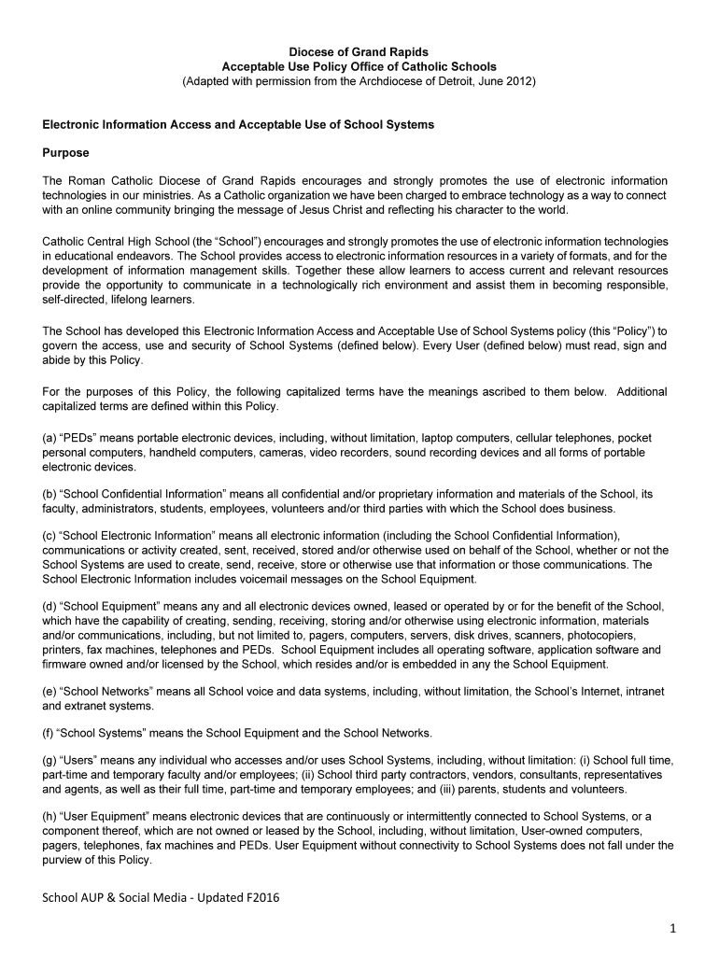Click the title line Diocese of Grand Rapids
(359, 52)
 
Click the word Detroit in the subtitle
(460, 82)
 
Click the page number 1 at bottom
(670, 929)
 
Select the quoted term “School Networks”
(106, 690)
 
